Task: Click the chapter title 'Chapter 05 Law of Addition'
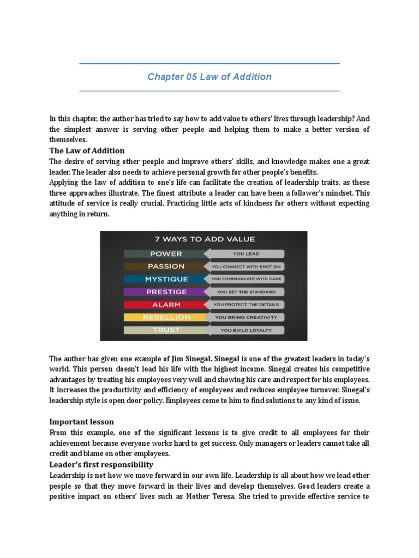coord(209,77)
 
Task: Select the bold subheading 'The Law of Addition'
coord(87,150)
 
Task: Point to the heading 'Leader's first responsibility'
coord(101,465)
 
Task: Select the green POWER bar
coord(166,253)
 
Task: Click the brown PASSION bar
coord(166,266)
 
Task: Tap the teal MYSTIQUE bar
coord(166,279)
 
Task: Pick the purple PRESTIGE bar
coord(166,292)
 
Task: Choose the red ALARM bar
coord(166,305)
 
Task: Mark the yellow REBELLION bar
coord(166,317)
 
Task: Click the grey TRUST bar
coord(166,330)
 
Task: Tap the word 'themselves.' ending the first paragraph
coord(68,139)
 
